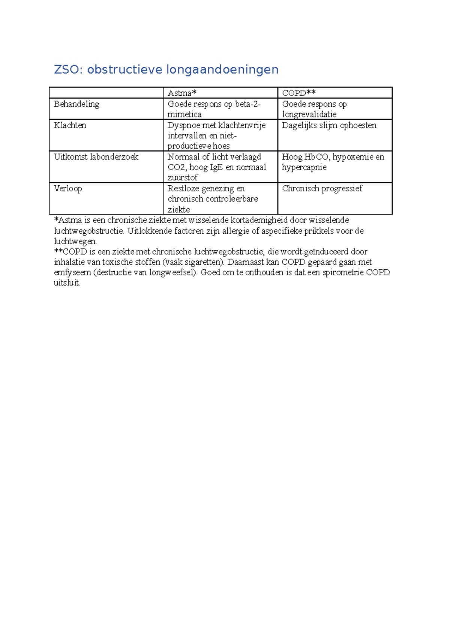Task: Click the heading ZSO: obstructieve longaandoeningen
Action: click(166, 69)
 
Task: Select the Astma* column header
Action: click(182, 93)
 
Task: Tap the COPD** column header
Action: click(298, 93)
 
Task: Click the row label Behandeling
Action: click(76, 104)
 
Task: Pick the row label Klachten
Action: click(70, 125)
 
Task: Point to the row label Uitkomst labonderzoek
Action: click(96, 157)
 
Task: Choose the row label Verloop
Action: click(67, 188)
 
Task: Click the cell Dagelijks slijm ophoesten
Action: click(329, 125)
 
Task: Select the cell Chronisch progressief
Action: click(322, 188)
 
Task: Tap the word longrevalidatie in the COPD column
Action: click(309, 114)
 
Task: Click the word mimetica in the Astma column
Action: click(184, 114)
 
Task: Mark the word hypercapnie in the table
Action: click(304, 167)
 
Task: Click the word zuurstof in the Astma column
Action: click(182, 177)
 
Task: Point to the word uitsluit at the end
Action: click(67, 283)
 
